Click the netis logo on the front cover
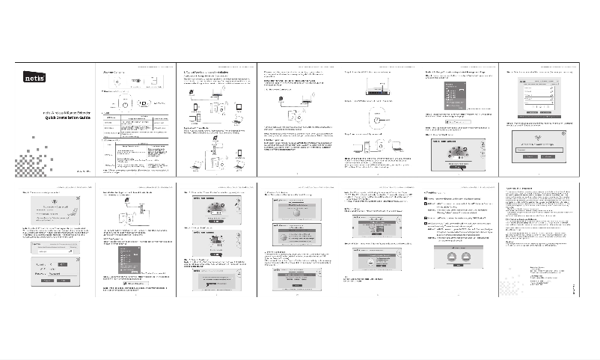point(34,76)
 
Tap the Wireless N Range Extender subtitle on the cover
point(63,110)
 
